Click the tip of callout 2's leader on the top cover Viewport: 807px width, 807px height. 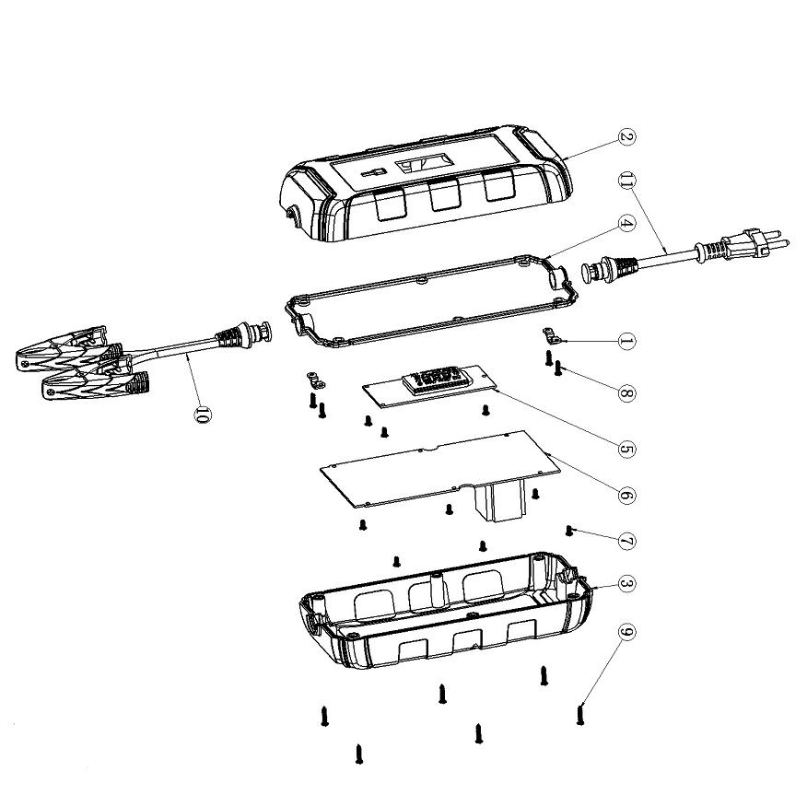pos(565,158)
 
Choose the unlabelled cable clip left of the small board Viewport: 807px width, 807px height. pos(315,380)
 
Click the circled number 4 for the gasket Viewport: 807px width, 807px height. pos(626,223)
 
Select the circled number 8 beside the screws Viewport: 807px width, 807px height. pos(626,393)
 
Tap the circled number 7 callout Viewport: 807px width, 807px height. pos(626,541)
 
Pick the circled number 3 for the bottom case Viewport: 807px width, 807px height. pos(626,585)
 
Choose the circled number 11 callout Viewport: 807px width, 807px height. pos(626,181)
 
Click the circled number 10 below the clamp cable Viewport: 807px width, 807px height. pos(203,415)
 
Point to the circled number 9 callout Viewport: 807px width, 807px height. pos(626,632)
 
